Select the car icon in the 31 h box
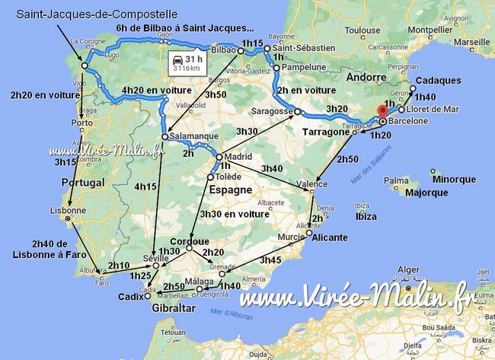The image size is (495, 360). coord(178,58)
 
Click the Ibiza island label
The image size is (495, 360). coord(366,216)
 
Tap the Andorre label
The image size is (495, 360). coord(367,77)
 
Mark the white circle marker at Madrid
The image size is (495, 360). coord(219,158)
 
